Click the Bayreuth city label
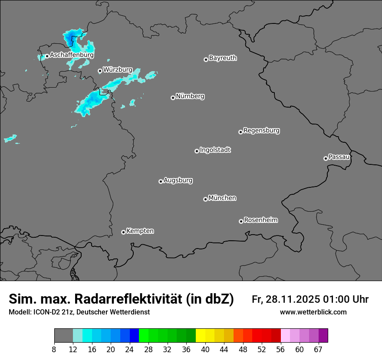[x=223, y=58]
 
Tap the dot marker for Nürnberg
[x=173, y=98]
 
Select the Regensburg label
[x=261, y=130]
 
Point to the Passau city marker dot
[x=326, y=158]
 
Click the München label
[x=222, y=198]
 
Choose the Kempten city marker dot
[x=123, y=232]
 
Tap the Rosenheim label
[x=260, y=220]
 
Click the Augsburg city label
[x=178, y=180]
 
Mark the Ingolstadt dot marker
[x=197, y=151]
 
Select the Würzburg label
[x=118, y=69]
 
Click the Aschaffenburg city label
[x=72, y=55]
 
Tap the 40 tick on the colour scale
[x=205, y=350]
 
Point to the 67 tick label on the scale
[x=318, y=350]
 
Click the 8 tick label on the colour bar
[x=54, y=350]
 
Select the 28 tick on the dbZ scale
[x=148, y=350]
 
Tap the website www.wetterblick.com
[x=313, y=312]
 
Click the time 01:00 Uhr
[x=346, y=299]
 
